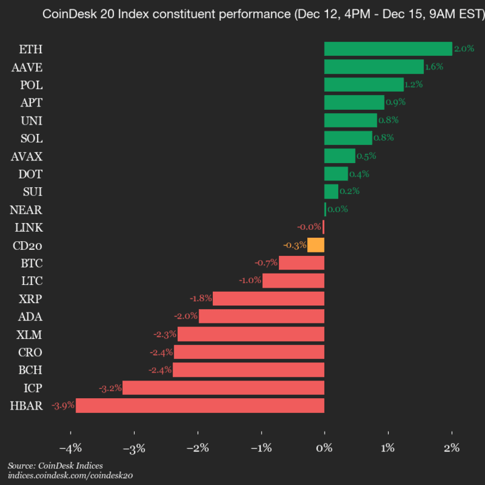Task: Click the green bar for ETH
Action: pos(388,48)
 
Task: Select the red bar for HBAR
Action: pos(200,406)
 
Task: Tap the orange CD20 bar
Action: pos(316,245)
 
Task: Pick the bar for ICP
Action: pos(223,387)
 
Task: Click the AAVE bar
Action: pos(374,67)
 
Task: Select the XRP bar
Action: pos(268,298)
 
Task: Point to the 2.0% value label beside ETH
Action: pos(464,48)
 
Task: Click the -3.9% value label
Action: pos(63,406)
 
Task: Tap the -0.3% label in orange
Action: pos(295,245)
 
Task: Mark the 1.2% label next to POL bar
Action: pos(414,84)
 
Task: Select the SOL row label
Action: pos(32,138)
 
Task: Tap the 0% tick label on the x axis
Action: pos(325,447)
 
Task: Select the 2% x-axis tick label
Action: pos(451,447)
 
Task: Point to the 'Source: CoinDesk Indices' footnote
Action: pos(55,465)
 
